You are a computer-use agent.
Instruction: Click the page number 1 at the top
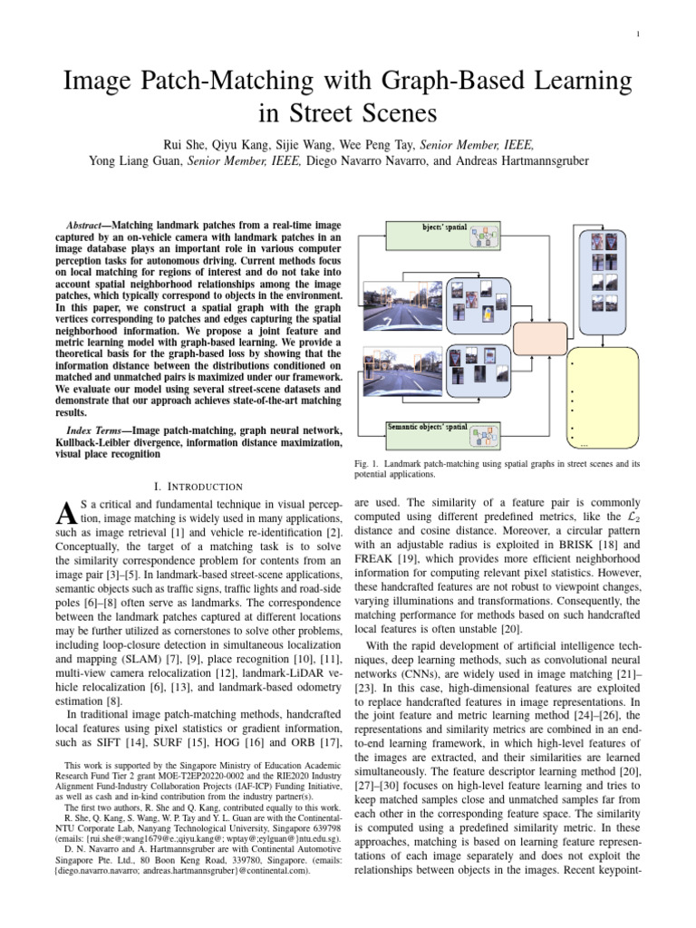639,35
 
